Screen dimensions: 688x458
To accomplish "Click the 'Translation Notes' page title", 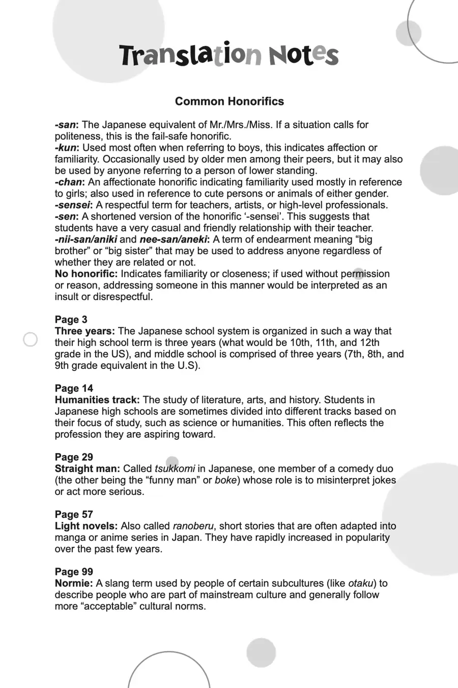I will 229,55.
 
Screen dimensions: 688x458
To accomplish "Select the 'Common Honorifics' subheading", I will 229,101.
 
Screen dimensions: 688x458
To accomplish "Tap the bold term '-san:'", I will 67,125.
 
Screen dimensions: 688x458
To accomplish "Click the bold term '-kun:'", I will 67,148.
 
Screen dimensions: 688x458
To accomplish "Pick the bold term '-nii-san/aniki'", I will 86,239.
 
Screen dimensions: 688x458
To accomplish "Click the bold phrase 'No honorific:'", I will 86,274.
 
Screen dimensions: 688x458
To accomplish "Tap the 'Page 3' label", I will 71,320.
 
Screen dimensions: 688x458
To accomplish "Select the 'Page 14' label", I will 74,388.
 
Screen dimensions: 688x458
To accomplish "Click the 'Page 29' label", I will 74,457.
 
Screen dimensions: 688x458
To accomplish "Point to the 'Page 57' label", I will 74,514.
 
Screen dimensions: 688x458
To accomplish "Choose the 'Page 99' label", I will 74,572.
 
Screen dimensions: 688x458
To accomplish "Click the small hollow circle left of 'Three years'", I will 31,339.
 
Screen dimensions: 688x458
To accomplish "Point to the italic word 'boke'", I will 225,480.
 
